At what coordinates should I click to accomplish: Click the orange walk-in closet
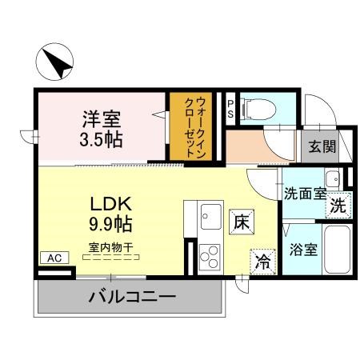click(x=189, y=127)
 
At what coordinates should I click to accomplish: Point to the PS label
click(x=230, y=109)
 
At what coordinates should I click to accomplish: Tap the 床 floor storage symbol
click(x=242, y=222)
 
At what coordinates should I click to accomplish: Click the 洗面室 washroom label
click(x=305, y=193)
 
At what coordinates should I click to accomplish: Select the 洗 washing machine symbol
click(x=339, y=204)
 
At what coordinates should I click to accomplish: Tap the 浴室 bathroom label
click(x=305, y=249)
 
